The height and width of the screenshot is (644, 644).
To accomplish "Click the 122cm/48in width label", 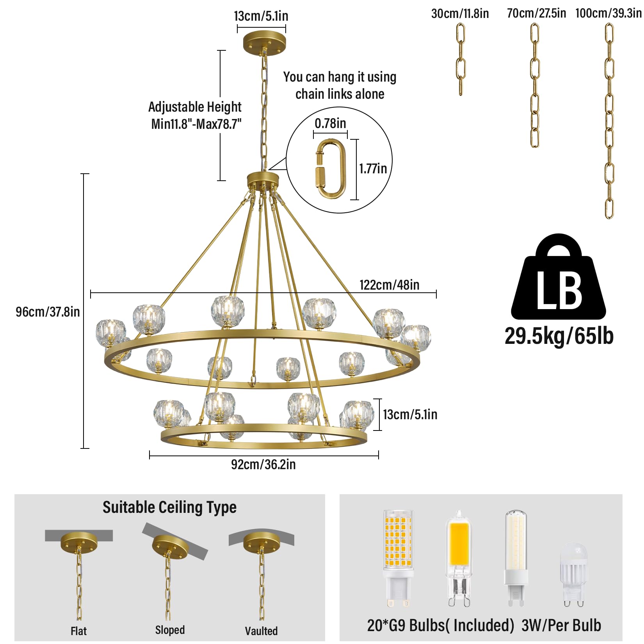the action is pyautogui.click(x=390, y=285).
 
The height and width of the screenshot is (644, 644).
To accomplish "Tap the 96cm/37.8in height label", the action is pyautogui.click(x=48, y=312).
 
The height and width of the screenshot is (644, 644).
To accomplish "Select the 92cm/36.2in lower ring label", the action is pyautogui.click(x=263, y=464).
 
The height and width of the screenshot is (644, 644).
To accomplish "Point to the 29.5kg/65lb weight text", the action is pyautogui.click(x=559, y=336).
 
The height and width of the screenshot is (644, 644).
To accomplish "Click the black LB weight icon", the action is pyautogui.click(x=559, y=277).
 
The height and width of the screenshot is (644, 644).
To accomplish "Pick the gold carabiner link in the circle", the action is pyautogui.click(x=331, y=169).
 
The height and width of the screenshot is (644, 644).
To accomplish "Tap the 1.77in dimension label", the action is pyautogui.click(x=373, y=169).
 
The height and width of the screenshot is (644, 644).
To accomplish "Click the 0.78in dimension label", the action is pyautogui.click(x=330, y=123).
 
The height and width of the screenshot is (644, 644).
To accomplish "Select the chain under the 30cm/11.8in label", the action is pyautogui.click(x=461, y=59).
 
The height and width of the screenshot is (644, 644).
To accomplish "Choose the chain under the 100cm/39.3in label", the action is pyautogui.click(x=609, y=121).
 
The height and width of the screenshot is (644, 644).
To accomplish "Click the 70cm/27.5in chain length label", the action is pyautogui.click(x=536, y=13).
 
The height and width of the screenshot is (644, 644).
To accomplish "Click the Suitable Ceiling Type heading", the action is pyautogui.click(x=169, y=507).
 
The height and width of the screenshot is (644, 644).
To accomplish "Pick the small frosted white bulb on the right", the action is pyautogui.click(x=573, y=575).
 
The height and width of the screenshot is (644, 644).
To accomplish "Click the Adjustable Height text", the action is pyautogui.click(x=195, y=107).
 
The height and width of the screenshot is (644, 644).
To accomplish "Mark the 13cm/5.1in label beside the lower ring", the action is pyautogui.click(x=410, y=415).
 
